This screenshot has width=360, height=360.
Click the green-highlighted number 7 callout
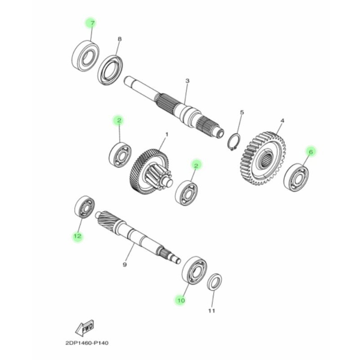click(x=92, y=23)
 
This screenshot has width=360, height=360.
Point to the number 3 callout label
click(x=187, y=81)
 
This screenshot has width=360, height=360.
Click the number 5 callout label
click(x=241, y=112)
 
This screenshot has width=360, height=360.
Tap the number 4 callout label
click(x=282, y=121)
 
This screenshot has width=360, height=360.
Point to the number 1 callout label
click(x=166, y=135)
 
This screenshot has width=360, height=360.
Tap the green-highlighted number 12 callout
click(x=77, y=236)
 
